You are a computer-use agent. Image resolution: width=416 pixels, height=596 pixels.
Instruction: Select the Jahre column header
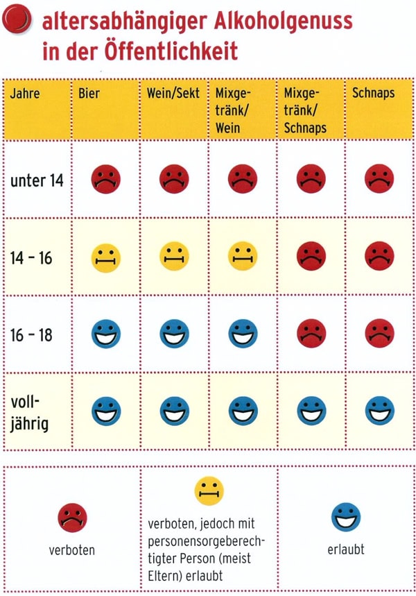25,93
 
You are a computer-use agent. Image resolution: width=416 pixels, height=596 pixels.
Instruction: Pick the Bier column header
89,93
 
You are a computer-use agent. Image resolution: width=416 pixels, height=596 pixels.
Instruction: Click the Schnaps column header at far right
374,93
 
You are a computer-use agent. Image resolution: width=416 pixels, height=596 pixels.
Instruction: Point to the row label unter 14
37,180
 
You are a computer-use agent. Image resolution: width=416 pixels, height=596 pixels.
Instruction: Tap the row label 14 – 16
31,258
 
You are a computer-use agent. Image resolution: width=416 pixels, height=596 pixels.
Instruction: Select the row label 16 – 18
31,335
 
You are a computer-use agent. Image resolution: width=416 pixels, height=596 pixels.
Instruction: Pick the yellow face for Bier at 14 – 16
105,257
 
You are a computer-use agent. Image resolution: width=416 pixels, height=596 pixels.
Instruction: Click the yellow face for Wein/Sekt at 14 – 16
174,257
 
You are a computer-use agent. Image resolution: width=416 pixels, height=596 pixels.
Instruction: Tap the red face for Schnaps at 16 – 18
379,334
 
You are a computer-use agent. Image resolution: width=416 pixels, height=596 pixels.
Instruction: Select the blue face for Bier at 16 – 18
105,334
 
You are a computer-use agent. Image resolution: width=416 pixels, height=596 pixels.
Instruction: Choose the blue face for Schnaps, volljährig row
379,411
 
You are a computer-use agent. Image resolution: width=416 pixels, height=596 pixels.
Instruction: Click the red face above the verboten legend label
71,518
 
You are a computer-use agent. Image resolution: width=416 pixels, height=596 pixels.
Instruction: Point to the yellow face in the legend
209,491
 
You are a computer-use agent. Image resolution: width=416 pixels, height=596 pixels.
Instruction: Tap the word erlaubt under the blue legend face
346,550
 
